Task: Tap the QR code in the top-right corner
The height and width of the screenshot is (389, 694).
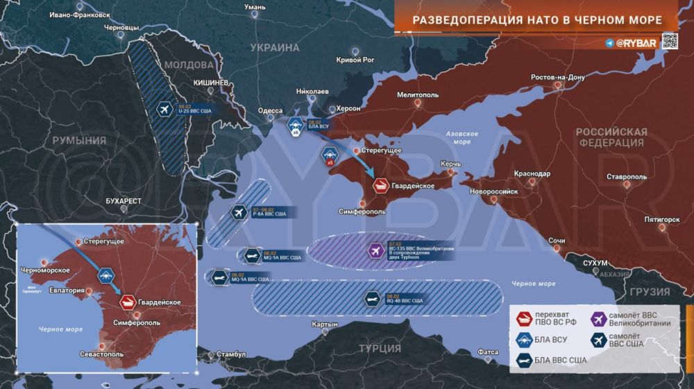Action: [669, 41]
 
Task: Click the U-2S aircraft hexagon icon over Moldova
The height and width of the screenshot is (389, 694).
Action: [164, 110]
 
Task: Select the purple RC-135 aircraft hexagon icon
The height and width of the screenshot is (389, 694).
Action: [376, 250]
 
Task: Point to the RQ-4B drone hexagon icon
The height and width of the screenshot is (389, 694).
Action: [372, 299]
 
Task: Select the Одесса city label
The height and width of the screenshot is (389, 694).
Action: [270, 110]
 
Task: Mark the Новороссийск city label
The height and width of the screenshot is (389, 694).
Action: [493, 190]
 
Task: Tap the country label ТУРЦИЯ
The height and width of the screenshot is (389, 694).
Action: [379, 348]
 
